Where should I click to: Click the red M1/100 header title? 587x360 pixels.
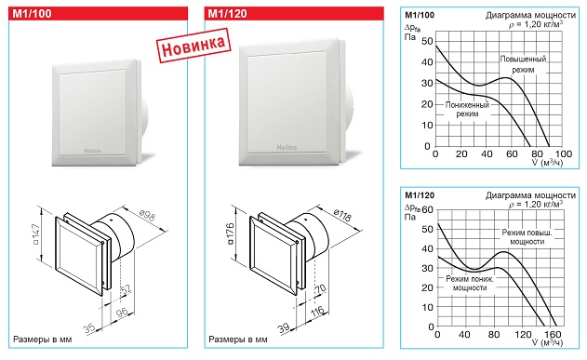tap(32, 14)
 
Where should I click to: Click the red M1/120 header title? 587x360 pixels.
tap(227, 14)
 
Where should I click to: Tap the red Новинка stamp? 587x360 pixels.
tap(193, 46)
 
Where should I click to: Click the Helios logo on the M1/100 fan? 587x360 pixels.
tap(92, 151)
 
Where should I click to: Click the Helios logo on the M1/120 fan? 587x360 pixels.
tap(287, 148)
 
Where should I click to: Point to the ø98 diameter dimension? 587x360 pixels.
tap(147, 216)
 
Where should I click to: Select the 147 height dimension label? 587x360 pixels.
tap(35, 234)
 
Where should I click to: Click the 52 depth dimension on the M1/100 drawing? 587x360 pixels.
tap(127, 289)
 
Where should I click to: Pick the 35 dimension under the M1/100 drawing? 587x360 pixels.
tap(89, 328)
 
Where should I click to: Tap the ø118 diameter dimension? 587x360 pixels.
tap(341, 215)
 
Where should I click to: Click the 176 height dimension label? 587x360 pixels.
tap(230, 233)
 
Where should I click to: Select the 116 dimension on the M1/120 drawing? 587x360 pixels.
tap(317, 312)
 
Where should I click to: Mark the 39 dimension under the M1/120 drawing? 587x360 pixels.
tap(284, 328)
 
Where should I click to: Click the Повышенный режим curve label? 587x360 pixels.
tap(523, 64)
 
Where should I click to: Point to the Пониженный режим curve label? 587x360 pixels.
tap(467, 109)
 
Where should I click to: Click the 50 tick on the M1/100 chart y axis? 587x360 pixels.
tap(427, 41)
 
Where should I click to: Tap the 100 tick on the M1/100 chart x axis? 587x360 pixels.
tap(564, 153)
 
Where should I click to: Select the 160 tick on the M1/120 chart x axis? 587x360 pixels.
tap(553, 334)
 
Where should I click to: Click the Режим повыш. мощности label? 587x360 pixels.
tap(527, 237)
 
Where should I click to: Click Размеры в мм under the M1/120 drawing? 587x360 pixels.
tap(238, 340)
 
